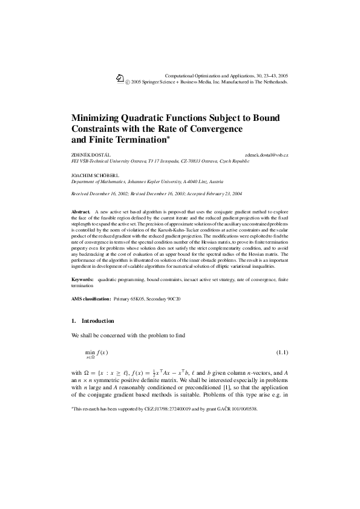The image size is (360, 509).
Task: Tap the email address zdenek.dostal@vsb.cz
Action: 267,155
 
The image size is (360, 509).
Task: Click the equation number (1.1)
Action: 282,351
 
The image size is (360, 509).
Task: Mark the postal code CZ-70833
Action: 185,162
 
